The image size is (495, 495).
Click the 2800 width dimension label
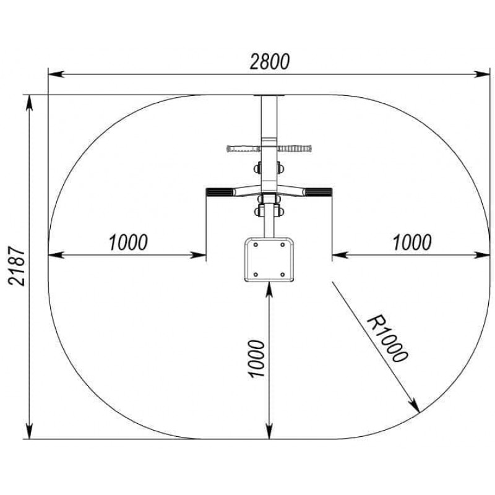[269, 61]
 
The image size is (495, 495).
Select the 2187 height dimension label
[17, 266]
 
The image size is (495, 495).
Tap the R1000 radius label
[388, 338]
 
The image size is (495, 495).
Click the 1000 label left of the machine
[128, 243]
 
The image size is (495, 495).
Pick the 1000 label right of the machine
[412, 243]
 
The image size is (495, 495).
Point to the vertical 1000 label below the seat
[256, 359]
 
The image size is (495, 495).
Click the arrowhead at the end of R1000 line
[415, 407]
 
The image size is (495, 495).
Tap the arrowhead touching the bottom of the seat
[269, 289]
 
